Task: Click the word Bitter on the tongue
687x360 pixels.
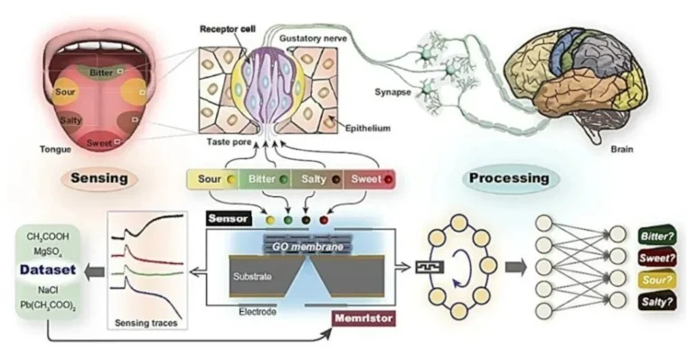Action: (x=100, y=72)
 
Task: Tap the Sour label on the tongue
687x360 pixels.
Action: (x=65, y=92)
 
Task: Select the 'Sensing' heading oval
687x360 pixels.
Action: (x=99, y=178)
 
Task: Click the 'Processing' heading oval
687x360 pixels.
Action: (x=509, y=178)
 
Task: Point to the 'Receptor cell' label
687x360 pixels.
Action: (x=228, y=29)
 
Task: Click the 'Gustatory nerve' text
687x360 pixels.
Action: (x=313, y=39)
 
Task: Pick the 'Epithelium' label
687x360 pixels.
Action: (x=368, y=128)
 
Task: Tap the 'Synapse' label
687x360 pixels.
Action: (x=392, y=92)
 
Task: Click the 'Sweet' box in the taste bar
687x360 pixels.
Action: (x=370, y=179)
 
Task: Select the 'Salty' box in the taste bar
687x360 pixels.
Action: (x=317, y=179)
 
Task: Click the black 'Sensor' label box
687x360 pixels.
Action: (x=229, y=218)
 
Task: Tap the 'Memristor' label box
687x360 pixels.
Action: (x=363, y=318)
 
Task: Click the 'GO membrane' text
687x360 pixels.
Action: (x=307, y=246)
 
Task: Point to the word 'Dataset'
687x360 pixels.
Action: (x=48, y=270)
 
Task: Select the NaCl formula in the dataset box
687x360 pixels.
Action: (x=48, y=290)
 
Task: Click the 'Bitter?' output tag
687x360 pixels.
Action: (x=657, y=236)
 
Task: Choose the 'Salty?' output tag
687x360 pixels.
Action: (x=657, y=302)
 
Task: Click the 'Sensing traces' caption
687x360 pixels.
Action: (x=146, y=323)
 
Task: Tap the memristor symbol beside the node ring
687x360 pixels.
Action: (x=429, y=267)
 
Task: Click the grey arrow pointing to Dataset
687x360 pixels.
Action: (x=94, y=272)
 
